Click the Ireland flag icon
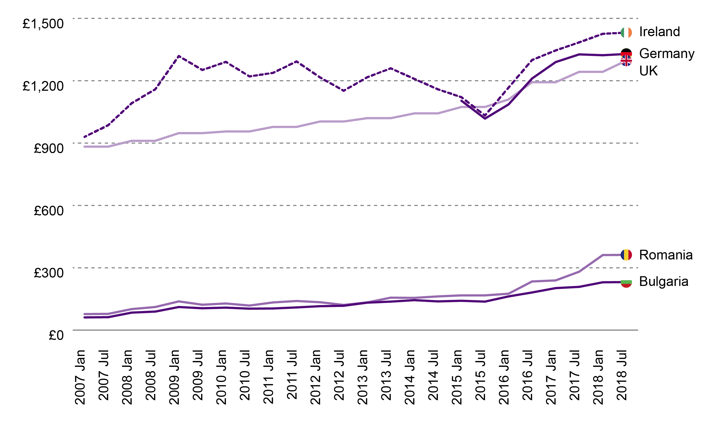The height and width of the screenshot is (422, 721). pos(626,33)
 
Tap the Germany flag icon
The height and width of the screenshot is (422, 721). pos(626,53)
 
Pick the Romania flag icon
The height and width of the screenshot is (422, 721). pos(626,255)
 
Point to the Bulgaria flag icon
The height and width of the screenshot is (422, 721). pos(626,282)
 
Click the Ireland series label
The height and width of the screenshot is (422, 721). pos(659,32)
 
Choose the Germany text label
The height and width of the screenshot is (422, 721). pos(667,54)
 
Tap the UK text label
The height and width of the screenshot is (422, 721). pos(648,71)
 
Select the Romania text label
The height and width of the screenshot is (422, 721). pos(666,255)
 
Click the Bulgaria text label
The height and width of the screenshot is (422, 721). pos(663,282)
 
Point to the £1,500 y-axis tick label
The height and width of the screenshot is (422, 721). pos(43,24)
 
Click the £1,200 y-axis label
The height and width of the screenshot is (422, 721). pos(43,86)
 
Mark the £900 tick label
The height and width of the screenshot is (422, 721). pos(49,148)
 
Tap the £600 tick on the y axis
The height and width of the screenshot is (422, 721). pos(49,211)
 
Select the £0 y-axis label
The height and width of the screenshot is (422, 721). pos(56,335)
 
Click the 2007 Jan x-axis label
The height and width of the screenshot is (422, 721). pos(80,377)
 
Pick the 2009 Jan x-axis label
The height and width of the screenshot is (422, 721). pos(174,377)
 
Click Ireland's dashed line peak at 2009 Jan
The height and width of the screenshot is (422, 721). pos(179,56)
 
